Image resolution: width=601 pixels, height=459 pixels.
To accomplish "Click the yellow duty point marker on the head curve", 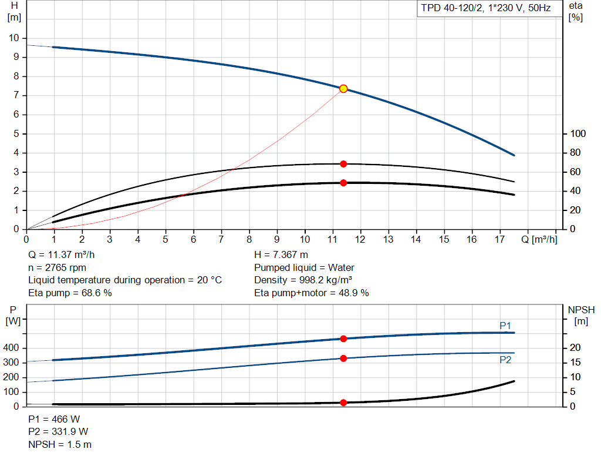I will (343, 89).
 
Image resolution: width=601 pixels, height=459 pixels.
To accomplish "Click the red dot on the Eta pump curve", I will (343, 164).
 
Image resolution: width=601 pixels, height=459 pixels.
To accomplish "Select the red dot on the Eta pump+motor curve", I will (343, 183).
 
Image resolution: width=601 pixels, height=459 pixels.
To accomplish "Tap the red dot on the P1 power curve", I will (343, 339).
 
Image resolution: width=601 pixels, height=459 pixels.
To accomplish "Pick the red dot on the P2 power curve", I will (343, 358).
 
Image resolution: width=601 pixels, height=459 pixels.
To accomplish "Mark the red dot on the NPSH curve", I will (343, 403).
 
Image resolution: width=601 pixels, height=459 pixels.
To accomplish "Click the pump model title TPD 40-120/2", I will (486, 9).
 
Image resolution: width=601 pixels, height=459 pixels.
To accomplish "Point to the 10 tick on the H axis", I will (13, 38).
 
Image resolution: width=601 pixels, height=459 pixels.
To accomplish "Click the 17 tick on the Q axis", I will (499, 239).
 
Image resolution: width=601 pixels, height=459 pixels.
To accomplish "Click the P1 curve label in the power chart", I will (505, 325).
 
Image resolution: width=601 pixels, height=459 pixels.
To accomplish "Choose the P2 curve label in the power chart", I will (505, 360).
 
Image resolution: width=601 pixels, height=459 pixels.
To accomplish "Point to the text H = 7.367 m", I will (281, 255).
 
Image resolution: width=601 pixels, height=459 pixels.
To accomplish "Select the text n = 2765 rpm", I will (58, 267).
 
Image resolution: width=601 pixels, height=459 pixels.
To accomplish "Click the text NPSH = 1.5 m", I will (60, 444).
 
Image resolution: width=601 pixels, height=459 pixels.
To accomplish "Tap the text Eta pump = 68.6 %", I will (70, 292).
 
